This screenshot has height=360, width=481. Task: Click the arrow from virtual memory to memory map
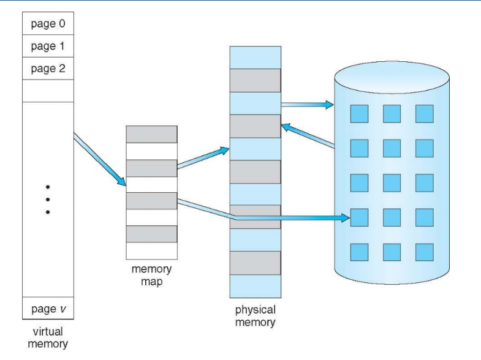point(100,160)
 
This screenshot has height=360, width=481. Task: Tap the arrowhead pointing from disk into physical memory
point(286,126)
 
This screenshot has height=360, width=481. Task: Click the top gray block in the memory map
point(151,135)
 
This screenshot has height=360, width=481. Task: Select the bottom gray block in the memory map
point(151,234)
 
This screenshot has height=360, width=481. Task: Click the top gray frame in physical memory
point(255,80)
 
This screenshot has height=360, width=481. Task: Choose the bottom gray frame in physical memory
point(255,263)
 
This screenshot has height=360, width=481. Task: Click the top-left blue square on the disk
point(358,113)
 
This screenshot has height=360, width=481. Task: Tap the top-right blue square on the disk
point(424,113)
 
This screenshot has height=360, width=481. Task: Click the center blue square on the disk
point(392,182)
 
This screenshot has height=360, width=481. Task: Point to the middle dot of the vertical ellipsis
point(47,199)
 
